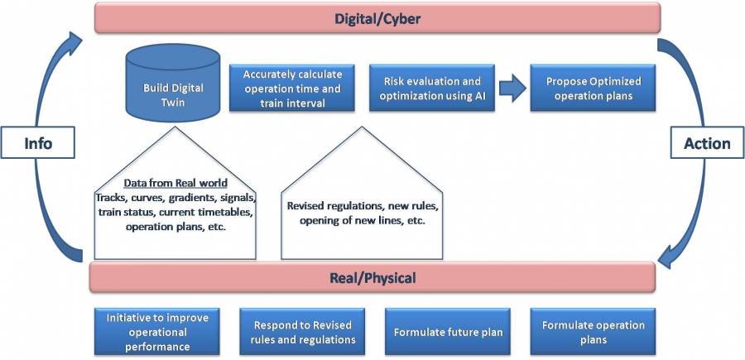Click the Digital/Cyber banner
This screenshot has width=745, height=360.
(x=377, y=18)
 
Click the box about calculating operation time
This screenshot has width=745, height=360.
(x=292, y=88)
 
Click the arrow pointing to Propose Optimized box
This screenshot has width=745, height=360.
(x=512, y=89)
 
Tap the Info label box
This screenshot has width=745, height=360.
(x=38, y=143)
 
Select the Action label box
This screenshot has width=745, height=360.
(x=707, y=143)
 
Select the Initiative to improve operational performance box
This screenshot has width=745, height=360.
(x=152, y=332)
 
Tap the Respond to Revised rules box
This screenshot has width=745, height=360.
(x=297, y=332)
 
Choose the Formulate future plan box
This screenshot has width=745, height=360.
(x=449, y=332)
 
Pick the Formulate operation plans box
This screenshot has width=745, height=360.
(x=594, y=332)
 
